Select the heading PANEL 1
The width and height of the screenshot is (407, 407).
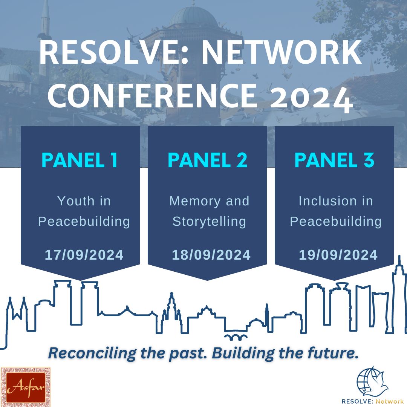80,160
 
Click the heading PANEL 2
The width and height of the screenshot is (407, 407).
207,160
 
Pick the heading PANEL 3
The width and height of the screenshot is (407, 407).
334,160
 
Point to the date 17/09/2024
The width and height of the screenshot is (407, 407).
84,255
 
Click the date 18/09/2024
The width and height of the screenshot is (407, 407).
211,255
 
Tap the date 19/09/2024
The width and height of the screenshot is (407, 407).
338,255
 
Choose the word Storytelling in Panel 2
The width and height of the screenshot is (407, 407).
209,221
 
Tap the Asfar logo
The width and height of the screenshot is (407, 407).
26,387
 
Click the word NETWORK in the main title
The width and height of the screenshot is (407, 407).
281,54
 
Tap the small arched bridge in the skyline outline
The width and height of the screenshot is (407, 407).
236,336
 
